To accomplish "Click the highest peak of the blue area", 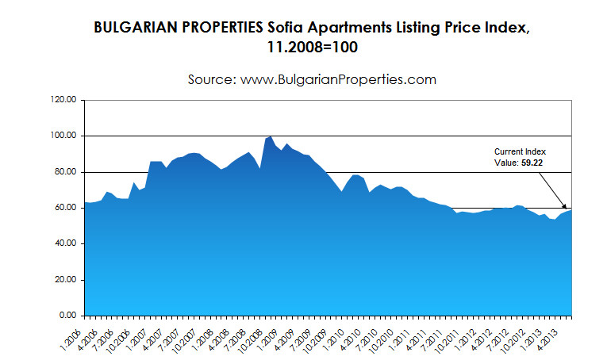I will (x=271, y=136).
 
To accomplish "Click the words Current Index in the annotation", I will (x=521, y=151).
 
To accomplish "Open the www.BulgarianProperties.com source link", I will (x=341, y=79).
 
